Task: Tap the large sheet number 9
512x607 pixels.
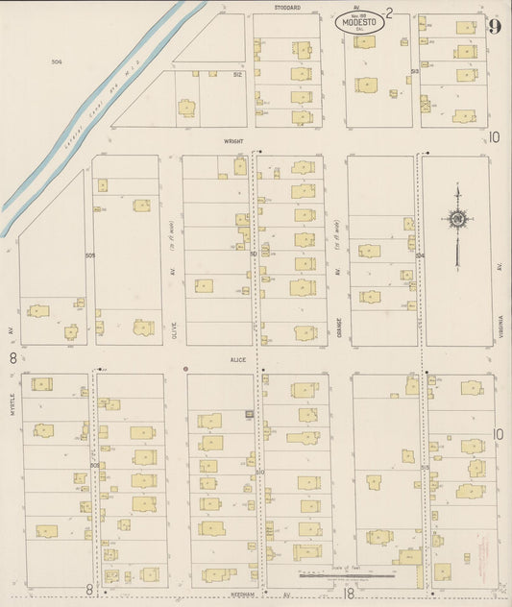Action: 494,26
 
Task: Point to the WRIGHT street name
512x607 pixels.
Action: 233,140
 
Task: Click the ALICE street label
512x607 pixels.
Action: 237,359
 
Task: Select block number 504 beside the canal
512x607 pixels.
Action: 57,61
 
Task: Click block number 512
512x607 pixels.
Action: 237,74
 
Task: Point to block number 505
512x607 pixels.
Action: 89,255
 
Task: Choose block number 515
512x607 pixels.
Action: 423,466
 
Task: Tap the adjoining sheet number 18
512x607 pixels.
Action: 350,595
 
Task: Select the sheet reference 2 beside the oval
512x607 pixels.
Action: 389,12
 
